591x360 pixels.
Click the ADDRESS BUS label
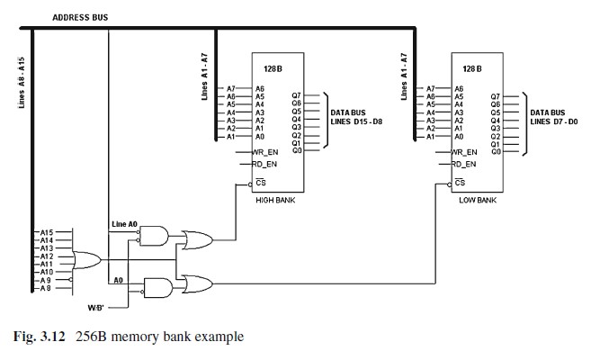tap(81, 17)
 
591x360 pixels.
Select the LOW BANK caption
tap(478, 200)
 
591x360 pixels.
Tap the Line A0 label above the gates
tap(124, 223)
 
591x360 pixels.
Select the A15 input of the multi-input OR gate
tap(47, 231)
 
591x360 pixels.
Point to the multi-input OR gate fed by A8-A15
tap(87, 260)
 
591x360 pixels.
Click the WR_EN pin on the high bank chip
tap(264, 153)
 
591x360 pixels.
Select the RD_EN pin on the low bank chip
tap(462, 164)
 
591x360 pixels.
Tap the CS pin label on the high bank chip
tap(261, 183)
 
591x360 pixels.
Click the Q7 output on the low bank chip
tap(495, 95)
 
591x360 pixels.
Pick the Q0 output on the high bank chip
tap(297, 150)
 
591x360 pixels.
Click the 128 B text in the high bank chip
tap(273, 68)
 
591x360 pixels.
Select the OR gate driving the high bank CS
tap(197, 239)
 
